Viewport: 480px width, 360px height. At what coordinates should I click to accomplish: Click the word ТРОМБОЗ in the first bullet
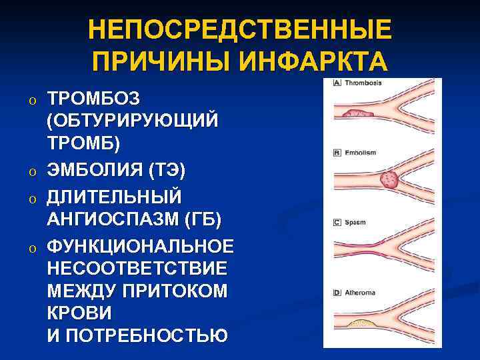[x=93, y=99]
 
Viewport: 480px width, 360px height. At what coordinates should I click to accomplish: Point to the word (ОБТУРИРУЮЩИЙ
[x=133, y=122]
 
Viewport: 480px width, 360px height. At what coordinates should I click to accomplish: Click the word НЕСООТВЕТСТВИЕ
[x=137, y=269]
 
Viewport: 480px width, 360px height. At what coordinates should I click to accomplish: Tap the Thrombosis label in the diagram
[x=363, y=83]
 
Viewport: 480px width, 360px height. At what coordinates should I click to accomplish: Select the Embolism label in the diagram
[x=360, y=153]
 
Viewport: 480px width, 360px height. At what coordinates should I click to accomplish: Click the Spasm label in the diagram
[x=355, y=222]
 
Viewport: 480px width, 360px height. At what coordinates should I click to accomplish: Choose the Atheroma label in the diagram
[x=360, y=292]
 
